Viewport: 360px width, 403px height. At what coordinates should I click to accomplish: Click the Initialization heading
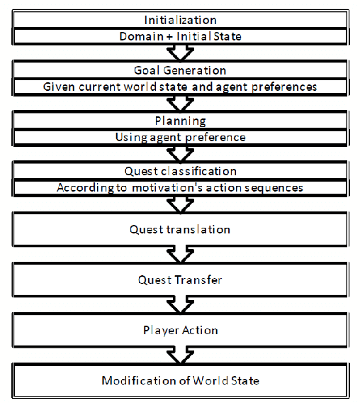click(x=180, y=20)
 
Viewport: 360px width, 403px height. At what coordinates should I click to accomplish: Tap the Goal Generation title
click(x=180, y=70)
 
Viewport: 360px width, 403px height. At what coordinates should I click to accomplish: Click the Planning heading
click(x=180, y=121)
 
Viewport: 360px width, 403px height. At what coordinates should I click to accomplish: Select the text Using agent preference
click(x=180, y=137)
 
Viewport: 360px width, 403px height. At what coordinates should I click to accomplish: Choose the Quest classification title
click(x=180, y=171)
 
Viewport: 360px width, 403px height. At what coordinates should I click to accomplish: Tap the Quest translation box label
click(x=180, y=229)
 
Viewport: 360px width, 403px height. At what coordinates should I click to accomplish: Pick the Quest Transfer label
click(x=180, y=280)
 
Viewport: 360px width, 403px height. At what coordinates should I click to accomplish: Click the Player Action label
click(x=180, y=330)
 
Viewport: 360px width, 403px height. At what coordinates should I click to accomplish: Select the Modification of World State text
click(x=180, y=380)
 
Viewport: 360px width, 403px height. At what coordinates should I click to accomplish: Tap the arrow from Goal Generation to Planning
click(x=180, y=104)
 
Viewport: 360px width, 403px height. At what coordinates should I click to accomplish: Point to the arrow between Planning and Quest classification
click(x=180, y=154)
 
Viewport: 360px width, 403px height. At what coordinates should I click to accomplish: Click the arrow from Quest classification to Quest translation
click(x=180, y=204)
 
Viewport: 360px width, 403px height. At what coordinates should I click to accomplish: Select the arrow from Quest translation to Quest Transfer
click(x=180, y=255)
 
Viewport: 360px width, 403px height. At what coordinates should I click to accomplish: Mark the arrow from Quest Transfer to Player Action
click(x=180, y=305)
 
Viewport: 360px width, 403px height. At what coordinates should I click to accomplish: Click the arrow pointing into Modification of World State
click(x=180, y=355)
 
